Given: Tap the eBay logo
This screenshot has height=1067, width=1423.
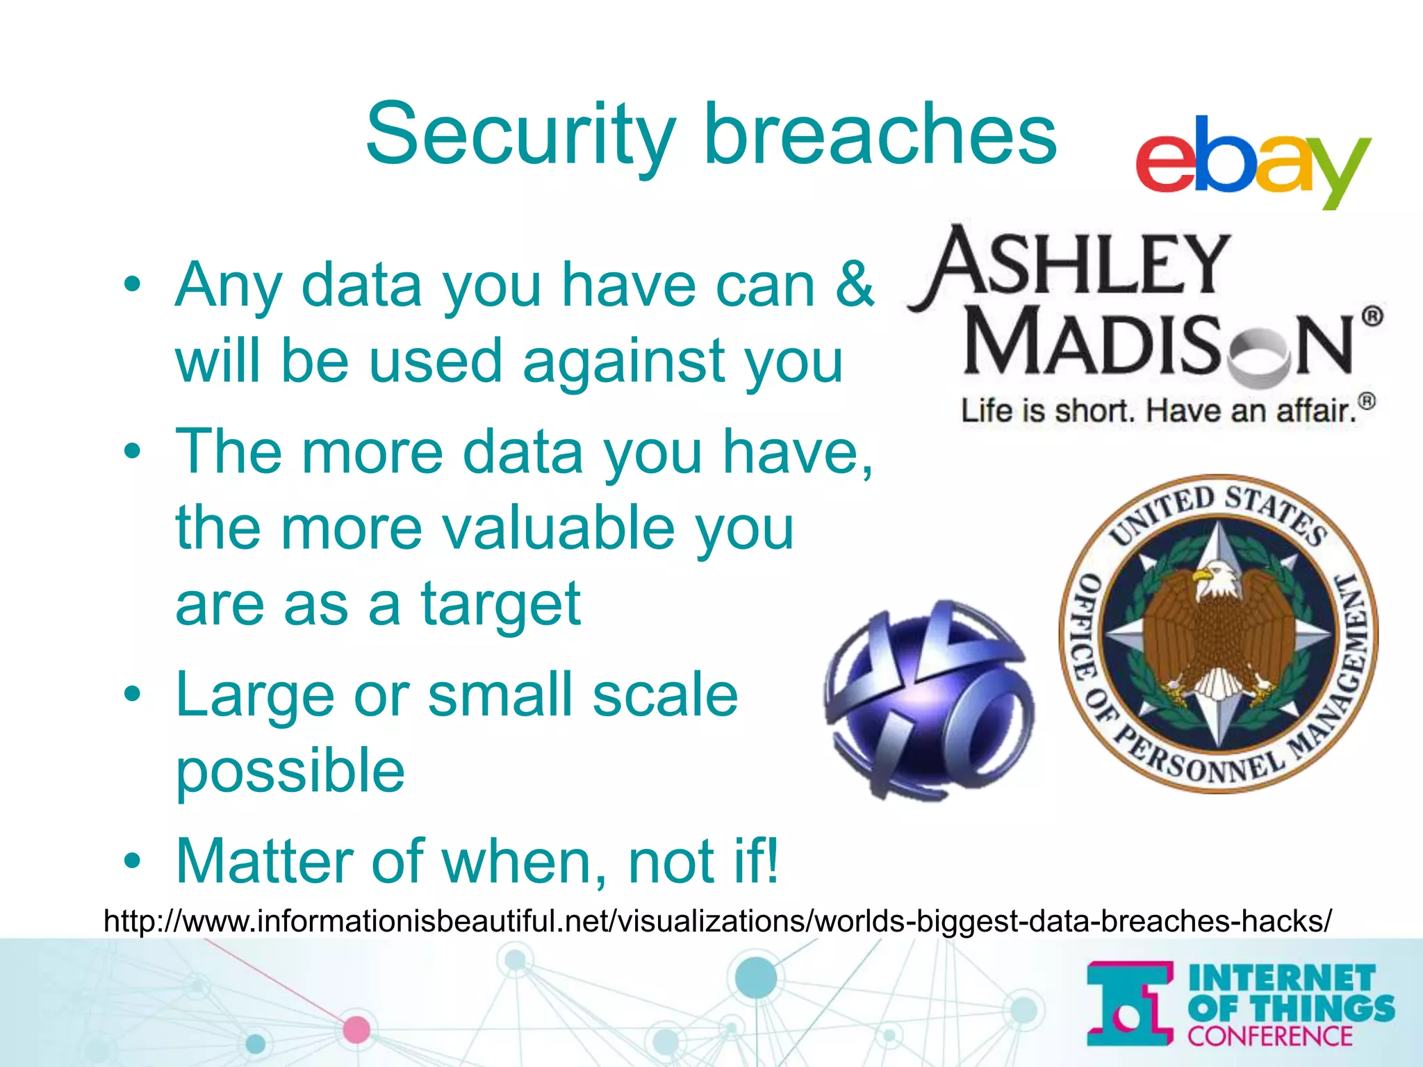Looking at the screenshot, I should (1253, 161).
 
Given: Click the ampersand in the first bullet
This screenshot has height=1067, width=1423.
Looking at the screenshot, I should (854, 285).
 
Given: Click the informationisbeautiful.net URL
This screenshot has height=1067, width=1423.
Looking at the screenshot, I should (717, 921).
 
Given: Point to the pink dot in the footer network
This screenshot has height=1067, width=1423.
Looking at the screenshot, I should (356, 1029).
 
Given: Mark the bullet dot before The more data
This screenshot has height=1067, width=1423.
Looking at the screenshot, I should (133, 452).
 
